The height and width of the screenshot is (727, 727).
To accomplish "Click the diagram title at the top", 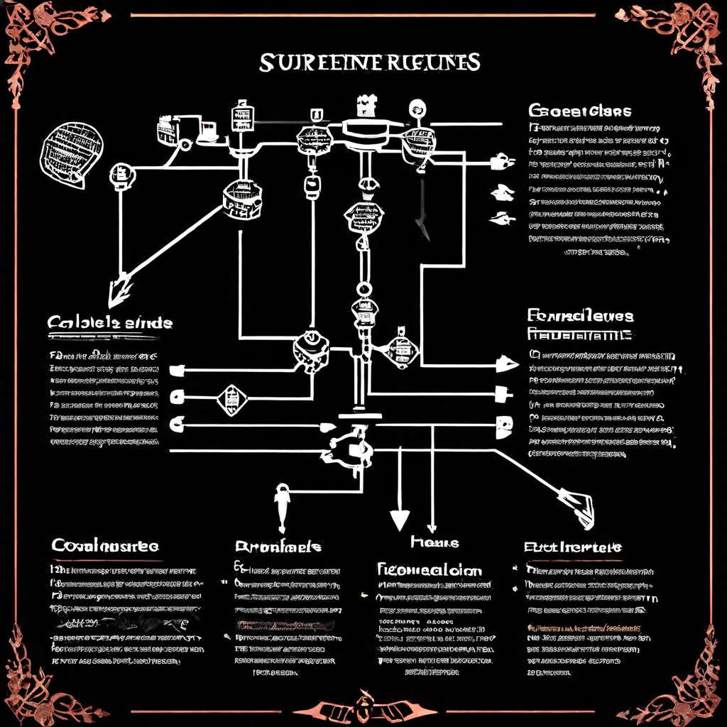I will pyautogui.click(x=369, y=62).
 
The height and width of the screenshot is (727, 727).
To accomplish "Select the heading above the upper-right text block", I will pyautogui.click(x=579, y=111).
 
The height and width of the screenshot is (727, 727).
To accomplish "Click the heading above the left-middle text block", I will pyautogui.click(x=110, y=322).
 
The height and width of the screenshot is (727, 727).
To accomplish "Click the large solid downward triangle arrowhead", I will pyautogui.click(x=400, y=520).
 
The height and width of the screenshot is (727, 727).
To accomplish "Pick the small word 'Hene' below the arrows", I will pyautogui.click(x=434, y=542).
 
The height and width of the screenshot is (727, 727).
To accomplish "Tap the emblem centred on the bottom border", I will pyautogui.click(x=363, y=707).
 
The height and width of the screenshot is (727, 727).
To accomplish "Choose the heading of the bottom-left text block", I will pyautogui.click(x=105, y=545).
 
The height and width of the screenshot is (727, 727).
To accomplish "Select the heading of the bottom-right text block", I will pyautogui.click(x=572, y=547).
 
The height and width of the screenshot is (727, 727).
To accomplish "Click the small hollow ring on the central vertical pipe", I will pyautogui.click(x=363, y=289).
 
